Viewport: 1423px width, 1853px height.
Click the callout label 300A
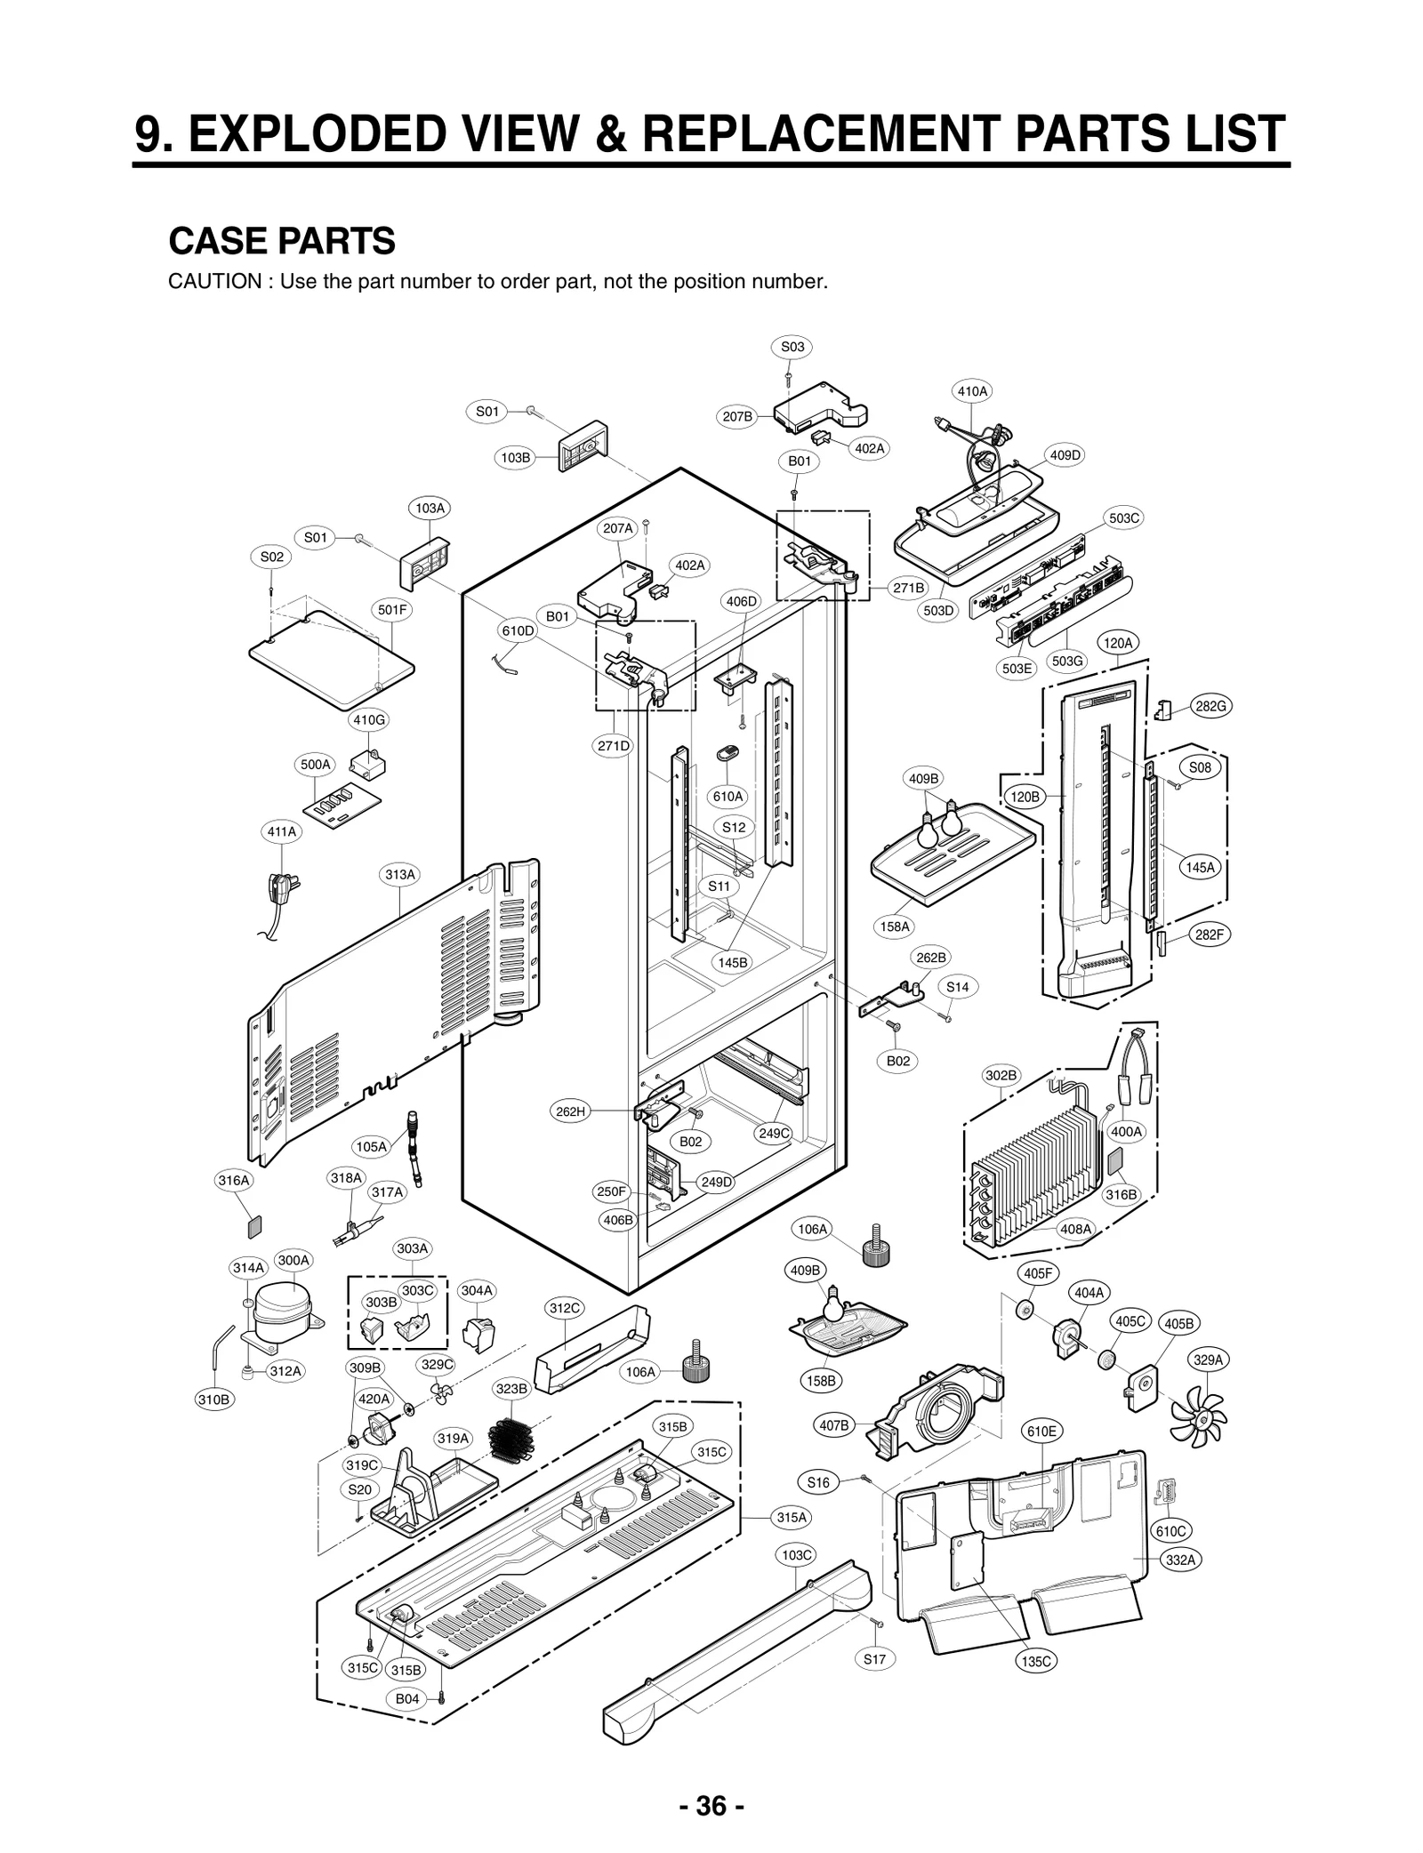(x=293, y=1260)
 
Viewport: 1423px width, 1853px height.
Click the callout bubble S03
(x=792, y=347)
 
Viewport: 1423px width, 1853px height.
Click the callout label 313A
(x=399, y=874)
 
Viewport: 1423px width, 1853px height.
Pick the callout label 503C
(x=1124, y=517)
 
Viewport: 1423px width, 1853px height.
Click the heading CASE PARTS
(x=281, y=241)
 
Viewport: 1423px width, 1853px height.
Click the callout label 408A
(x=1074, y=1229)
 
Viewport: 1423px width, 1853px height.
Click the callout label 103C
(x=796, y=1554)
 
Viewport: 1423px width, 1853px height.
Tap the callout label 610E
(x=1041, y=1431)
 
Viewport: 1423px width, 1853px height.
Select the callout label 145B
(x=733, y=962)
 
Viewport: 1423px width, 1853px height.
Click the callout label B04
(x=406, y=1698)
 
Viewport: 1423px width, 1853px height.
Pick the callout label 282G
(x=1210, y=706)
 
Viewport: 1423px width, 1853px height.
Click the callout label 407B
(x=833, y=1425)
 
